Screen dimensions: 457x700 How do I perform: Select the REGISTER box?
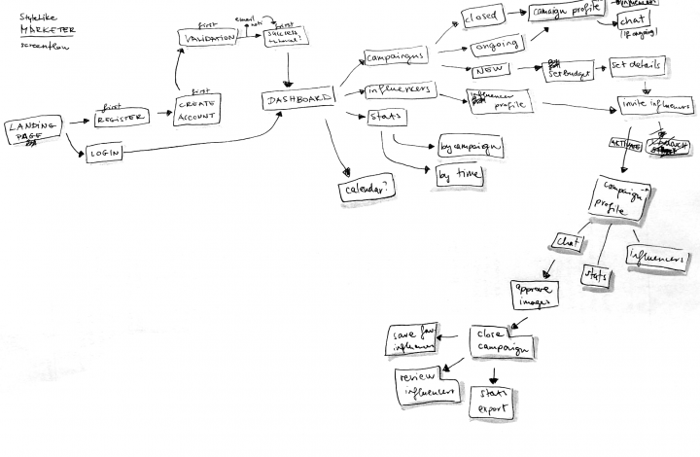coord(122,118)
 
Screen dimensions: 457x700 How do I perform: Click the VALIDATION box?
coord(208,37)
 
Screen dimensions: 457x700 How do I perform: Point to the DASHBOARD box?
coord(297,99)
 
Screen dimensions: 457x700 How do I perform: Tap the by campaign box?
coord(470,147)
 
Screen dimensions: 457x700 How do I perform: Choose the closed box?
coord(481,18)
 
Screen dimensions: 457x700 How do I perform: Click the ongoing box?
coord(496,46)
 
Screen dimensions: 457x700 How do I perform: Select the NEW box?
coord(488,71)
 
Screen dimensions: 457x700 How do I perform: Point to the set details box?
coord(636,65)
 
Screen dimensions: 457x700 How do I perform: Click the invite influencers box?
coord(654,103)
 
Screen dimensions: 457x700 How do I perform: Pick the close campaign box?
coord(503,340)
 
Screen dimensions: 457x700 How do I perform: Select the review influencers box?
coord(426,385)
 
